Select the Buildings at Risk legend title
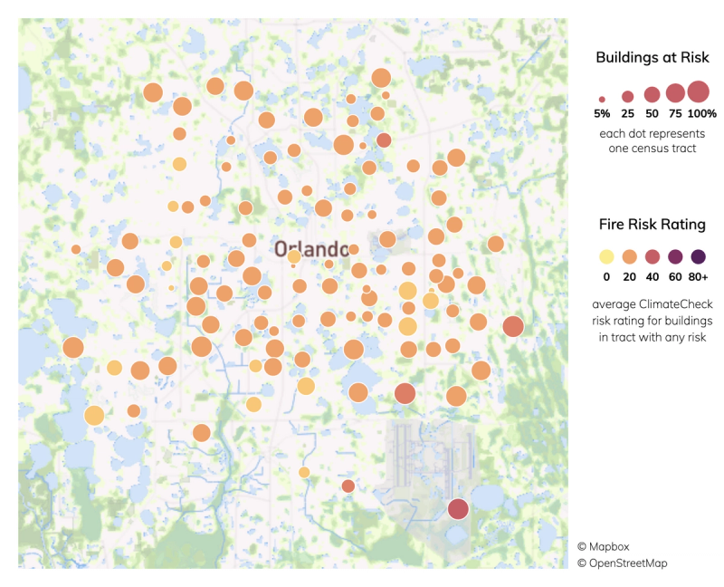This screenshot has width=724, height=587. (x=651, y=58)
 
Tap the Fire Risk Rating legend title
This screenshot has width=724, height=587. (x=652, y=224)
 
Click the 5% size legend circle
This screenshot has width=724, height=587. (x=602, y=98)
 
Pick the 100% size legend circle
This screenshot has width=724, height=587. (x=698, y=91)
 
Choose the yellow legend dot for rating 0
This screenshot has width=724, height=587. (x=605, y=255)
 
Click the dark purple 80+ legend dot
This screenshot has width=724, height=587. (x=698, y=255)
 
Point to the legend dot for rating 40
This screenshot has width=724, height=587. (x=652, y=255)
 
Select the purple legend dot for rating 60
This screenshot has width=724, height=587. (x=675, y=255)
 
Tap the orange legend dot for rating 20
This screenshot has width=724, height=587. (x=628, y=255)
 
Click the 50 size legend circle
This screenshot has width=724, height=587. (x=652, y=94)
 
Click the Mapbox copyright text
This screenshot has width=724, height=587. (x=601, y=547)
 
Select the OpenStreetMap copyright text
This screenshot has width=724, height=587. (x=623, y=563)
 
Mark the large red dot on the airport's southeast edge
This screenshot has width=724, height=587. (x=458, y=509)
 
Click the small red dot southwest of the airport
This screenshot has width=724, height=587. (x=348, y=486)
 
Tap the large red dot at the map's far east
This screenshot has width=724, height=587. (x=513, y=327)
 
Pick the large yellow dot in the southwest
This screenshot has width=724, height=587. (x=94, y=416)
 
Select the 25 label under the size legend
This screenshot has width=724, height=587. (x=627, y=114)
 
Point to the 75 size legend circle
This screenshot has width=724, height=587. (x=675, y=92)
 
